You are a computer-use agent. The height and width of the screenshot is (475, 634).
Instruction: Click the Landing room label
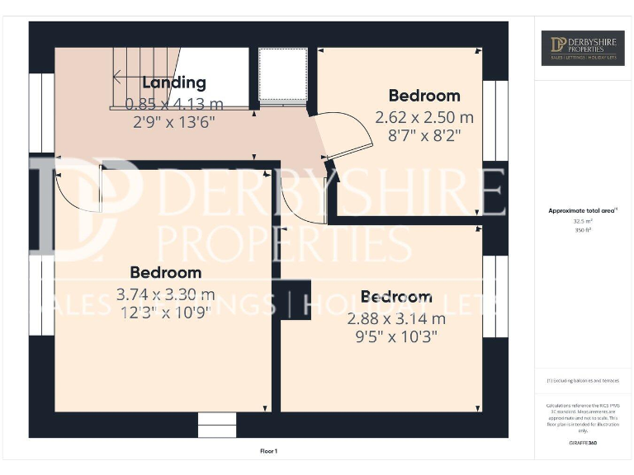[x=173, y=82]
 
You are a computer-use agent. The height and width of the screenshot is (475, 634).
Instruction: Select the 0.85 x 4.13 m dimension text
[x=173, y=104]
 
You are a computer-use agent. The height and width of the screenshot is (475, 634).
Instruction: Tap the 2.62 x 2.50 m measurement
[x=424, y=117]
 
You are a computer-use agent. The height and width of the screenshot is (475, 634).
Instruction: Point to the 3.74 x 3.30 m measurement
[x=165, y=294]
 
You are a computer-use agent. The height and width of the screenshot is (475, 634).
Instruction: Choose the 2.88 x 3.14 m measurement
[x=396, y=318]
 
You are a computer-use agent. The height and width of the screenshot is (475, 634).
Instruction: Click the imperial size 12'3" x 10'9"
[x=165, y=312]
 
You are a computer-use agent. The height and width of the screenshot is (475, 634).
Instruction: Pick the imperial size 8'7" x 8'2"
[x=424, y=135]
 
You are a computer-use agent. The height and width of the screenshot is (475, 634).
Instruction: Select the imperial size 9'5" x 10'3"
[x=396, y=336]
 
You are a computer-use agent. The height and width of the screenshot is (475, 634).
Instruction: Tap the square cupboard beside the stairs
[x=283, y=75]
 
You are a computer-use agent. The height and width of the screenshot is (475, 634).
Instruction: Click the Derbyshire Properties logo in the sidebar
[x=583, y=48]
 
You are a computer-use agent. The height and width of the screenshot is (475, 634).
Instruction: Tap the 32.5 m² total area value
[x=583, y=221]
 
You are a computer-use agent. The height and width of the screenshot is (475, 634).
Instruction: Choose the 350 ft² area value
[x=583, y=230]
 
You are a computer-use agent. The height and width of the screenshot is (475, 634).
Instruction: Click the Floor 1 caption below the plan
[x=268, y=451]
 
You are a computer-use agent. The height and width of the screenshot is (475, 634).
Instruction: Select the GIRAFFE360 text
[x=583, y=443]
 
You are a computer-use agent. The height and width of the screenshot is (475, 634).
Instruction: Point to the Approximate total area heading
[x=583, y=211]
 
